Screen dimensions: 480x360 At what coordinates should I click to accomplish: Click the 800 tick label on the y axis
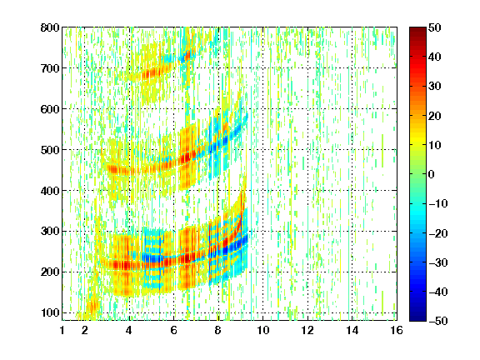coord(50,27)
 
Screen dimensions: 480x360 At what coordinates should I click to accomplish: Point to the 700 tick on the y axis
coord(50,68)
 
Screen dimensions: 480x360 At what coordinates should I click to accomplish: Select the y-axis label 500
coord(50,150)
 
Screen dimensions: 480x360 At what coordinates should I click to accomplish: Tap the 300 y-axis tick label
coord(50,231)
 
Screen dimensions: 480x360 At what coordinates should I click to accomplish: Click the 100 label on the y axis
coord(50,312)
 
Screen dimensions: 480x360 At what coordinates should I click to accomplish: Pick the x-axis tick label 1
coord(62,330)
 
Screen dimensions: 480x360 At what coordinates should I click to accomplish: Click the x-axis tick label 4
coord(129,330)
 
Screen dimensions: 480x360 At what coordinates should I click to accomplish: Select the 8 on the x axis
coord(217,330)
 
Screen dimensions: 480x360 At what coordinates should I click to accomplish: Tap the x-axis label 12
coord(307,330)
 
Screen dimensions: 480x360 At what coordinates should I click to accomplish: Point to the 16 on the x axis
coord(397,330)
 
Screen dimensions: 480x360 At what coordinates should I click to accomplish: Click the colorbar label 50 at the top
coord(435,27)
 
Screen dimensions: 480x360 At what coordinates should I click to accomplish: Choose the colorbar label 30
coord(435,86)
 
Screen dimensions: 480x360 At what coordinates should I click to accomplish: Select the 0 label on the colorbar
coord(432,174)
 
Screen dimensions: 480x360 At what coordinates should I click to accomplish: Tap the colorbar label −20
coord(438,233)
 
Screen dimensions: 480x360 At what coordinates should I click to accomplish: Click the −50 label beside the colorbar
coord(438,321)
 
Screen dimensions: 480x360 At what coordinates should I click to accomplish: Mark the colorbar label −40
coord(438,292)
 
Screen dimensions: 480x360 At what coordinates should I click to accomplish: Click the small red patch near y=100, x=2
coord(92,305)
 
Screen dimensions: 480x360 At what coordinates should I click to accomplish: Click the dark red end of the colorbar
coord(417,30)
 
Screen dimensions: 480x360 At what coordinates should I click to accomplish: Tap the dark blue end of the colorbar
coord(417,317)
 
